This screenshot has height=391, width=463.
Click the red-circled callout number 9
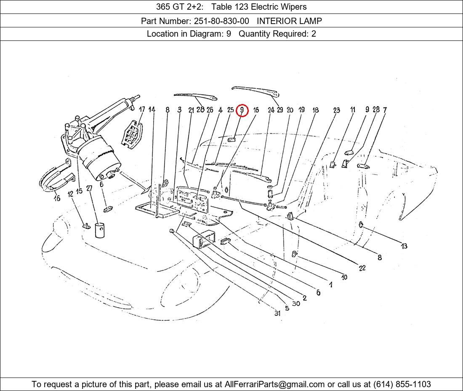242,110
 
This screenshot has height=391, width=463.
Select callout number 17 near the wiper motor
142,110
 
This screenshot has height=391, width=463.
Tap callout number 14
152,110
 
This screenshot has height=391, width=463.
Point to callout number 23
336,110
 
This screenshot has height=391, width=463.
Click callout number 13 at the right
404,246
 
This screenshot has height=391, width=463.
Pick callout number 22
362,268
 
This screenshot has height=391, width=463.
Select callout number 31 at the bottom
277,313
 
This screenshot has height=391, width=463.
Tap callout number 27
89,188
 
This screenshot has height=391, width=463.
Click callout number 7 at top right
384,110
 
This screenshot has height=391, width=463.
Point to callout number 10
344,277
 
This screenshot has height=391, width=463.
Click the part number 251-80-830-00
221,21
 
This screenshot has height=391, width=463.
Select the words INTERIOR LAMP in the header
289,21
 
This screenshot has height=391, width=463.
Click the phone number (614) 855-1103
402,384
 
